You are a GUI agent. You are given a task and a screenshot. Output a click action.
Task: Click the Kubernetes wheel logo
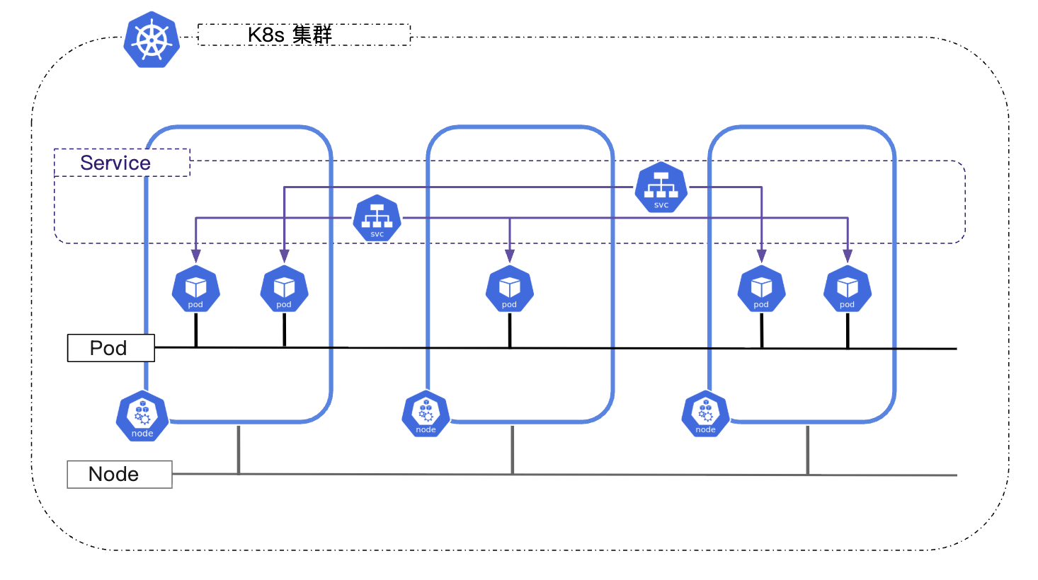pyautogui.click(x=152, y=40)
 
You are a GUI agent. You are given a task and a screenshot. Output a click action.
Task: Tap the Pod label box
pyautogui.click(x=110, y=348)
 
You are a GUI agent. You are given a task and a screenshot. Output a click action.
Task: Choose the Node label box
pyautogui.click(x=119, y=474)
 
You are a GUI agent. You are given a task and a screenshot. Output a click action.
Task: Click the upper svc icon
pyautogui.click(x=661, y=188)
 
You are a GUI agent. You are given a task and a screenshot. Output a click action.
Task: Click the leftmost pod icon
pyautogui.click(x=195, y=289)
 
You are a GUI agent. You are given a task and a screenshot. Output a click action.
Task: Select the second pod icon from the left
pyautogui.click(x=284, y=289)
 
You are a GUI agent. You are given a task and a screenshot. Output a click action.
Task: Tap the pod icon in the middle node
pyautogui.click(x=509, y=289)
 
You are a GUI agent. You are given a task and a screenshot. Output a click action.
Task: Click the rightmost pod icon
pyautogui.click(x=847, y=289)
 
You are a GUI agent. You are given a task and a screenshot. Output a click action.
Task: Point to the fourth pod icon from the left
pyautogui.click(x=761, y=289)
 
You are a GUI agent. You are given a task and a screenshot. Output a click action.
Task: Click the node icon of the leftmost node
pyautogui.click(x=142, y=417)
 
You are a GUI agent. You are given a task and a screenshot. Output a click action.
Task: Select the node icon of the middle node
pyautogui.click(x=426, y=414)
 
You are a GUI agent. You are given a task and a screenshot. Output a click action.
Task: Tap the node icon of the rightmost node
pyautogui.click(x=705, y=414)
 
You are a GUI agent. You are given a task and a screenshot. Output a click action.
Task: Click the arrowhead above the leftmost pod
pyautogui.click(x=196, y=256)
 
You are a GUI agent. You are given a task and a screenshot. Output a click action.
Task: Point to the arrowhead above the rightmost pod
pyautogui.click(x=848, y=256)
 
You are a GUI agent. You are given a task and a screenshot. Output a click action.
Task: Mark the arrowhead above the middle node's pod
pyautogui.click(x=510, y=256)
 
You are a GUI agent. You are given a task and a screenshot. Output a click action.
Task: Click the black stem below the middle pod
pyautogui.click(x=510, y=330)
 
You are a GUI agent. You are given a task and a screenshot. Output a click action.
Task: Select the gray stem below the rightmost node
pyautogui.click(x=807, y=450)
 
